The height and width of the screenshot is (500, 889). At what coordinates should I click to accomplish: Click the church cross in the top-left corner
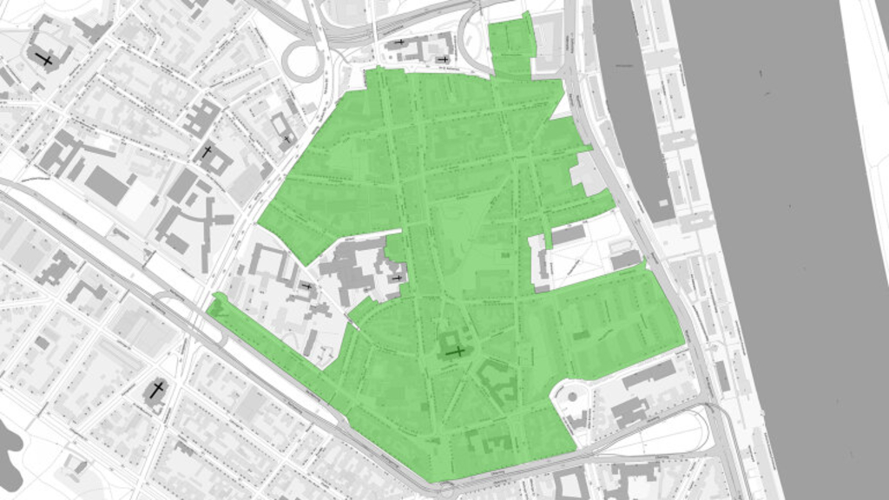point(43,60)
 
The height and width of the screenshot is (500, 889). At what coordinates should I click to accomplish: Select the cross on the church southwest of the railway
point(156,390)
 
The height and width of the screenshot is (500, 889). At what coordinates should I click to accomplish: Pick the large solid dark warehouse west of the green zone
point(107,186)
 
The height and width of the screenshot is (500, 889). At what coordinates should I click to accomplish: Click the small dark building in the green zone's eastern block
point(580,335)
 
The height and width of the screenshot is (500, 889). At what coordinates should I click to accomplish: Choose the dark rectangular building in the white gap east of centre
point(569,234)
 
